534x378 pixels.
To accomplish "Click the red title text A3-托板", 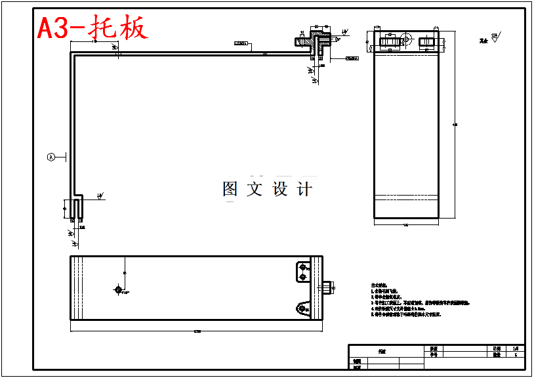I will click(92, 28).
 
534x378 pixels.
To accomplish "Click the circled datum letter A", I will click(51, 157).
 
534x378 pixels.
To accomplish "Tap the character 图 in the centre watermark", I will click(230, 189).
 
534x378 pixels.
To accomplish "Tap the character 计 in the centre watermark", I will click(304, 189).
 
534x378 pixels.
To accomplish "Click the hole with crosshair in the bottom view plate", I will click(119, 289).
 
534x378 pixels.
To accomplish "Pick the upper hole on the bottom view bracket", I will click(302, 267).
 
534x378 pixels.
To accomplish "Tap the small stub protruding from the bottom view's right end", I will click(328, 287).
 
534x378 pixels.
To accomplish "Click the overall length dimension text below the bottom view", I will click(196, 330).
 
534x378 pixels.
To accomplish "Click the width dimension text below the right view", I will click(405, 225).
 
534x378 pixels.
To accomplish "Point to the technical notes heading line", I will click(380, 287).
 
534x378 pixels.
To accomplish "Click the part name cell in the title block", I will click(382, 352).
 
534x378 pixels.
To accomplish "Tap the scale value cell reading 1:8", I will click(515, 348).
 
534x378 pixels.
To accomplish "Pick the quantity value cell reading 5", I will click(515, 355).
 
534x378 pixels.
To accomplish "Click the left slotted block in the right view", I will click(390, 43).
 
